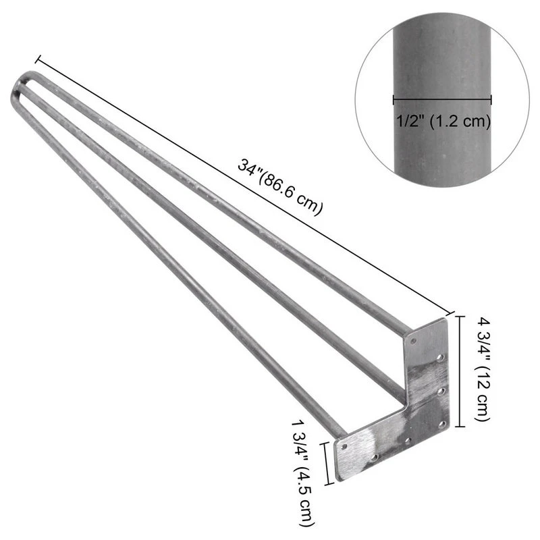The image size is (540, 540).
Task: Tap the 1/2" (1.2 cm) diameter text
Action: pyautogui.click(x=441, y=122)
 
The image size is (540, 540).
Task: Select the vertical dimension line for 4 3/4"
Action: pyautogui.click(x=460, y=370)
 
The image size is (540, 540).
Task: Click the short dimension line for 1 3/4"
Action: pyautogui.click(x=329, y=463)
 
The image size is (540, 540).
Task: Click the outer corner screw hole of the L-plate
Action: pyautogui.click(x=443, y=425)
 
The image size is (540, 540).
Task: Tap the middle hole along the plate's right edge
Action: pyautogui.click(x=440, y=391)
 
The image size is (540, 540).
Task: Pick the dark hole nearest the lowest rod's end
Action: pyautogui.click(x=344, y=446)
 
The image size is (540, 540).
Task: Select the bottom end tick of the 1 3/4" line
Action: pyautogui.click(x=329, y=484)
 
